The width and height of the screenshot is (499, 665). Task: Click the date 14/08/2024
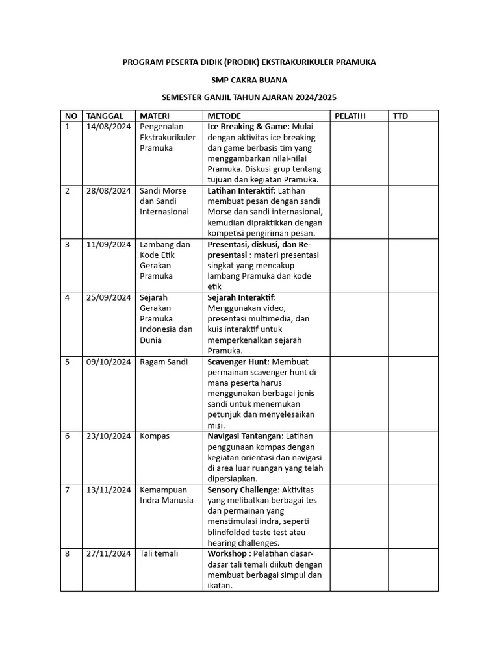109,127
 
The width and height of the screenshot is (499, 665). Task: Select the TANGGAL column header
105,116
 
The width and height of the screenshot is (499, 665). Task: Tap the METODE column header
224,116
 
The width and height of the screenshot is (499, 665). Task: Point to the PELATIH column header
350,116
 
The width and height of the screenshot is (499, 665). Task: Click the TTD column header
400,116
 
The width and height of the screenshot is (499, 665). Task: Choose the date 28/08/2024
109,191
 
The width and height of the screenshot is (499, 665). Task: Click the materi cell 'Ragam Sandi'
164,362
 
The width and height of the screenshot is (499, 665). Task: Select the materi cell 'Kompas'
155,436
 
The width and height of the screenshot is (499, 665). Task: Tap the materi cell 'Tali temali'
159,553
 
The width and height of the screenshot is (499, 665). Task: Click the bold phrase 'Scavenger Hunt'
237,362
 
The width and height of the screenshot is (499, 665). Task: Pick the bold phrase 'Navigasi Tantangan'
245,436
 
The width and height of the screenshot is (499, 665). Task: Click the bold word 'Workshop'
227,553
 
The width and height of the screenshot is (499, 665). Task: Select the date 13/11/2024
109,489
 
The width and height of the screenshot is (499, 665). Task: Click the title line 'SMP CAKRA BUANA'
249,80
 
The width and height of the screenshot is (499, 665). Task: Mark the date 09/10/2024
109,362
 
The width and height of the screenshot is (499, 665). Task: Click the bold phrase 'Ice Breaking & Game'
248,127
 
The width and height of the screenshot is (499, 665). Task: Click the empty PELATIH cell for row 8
359,569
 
